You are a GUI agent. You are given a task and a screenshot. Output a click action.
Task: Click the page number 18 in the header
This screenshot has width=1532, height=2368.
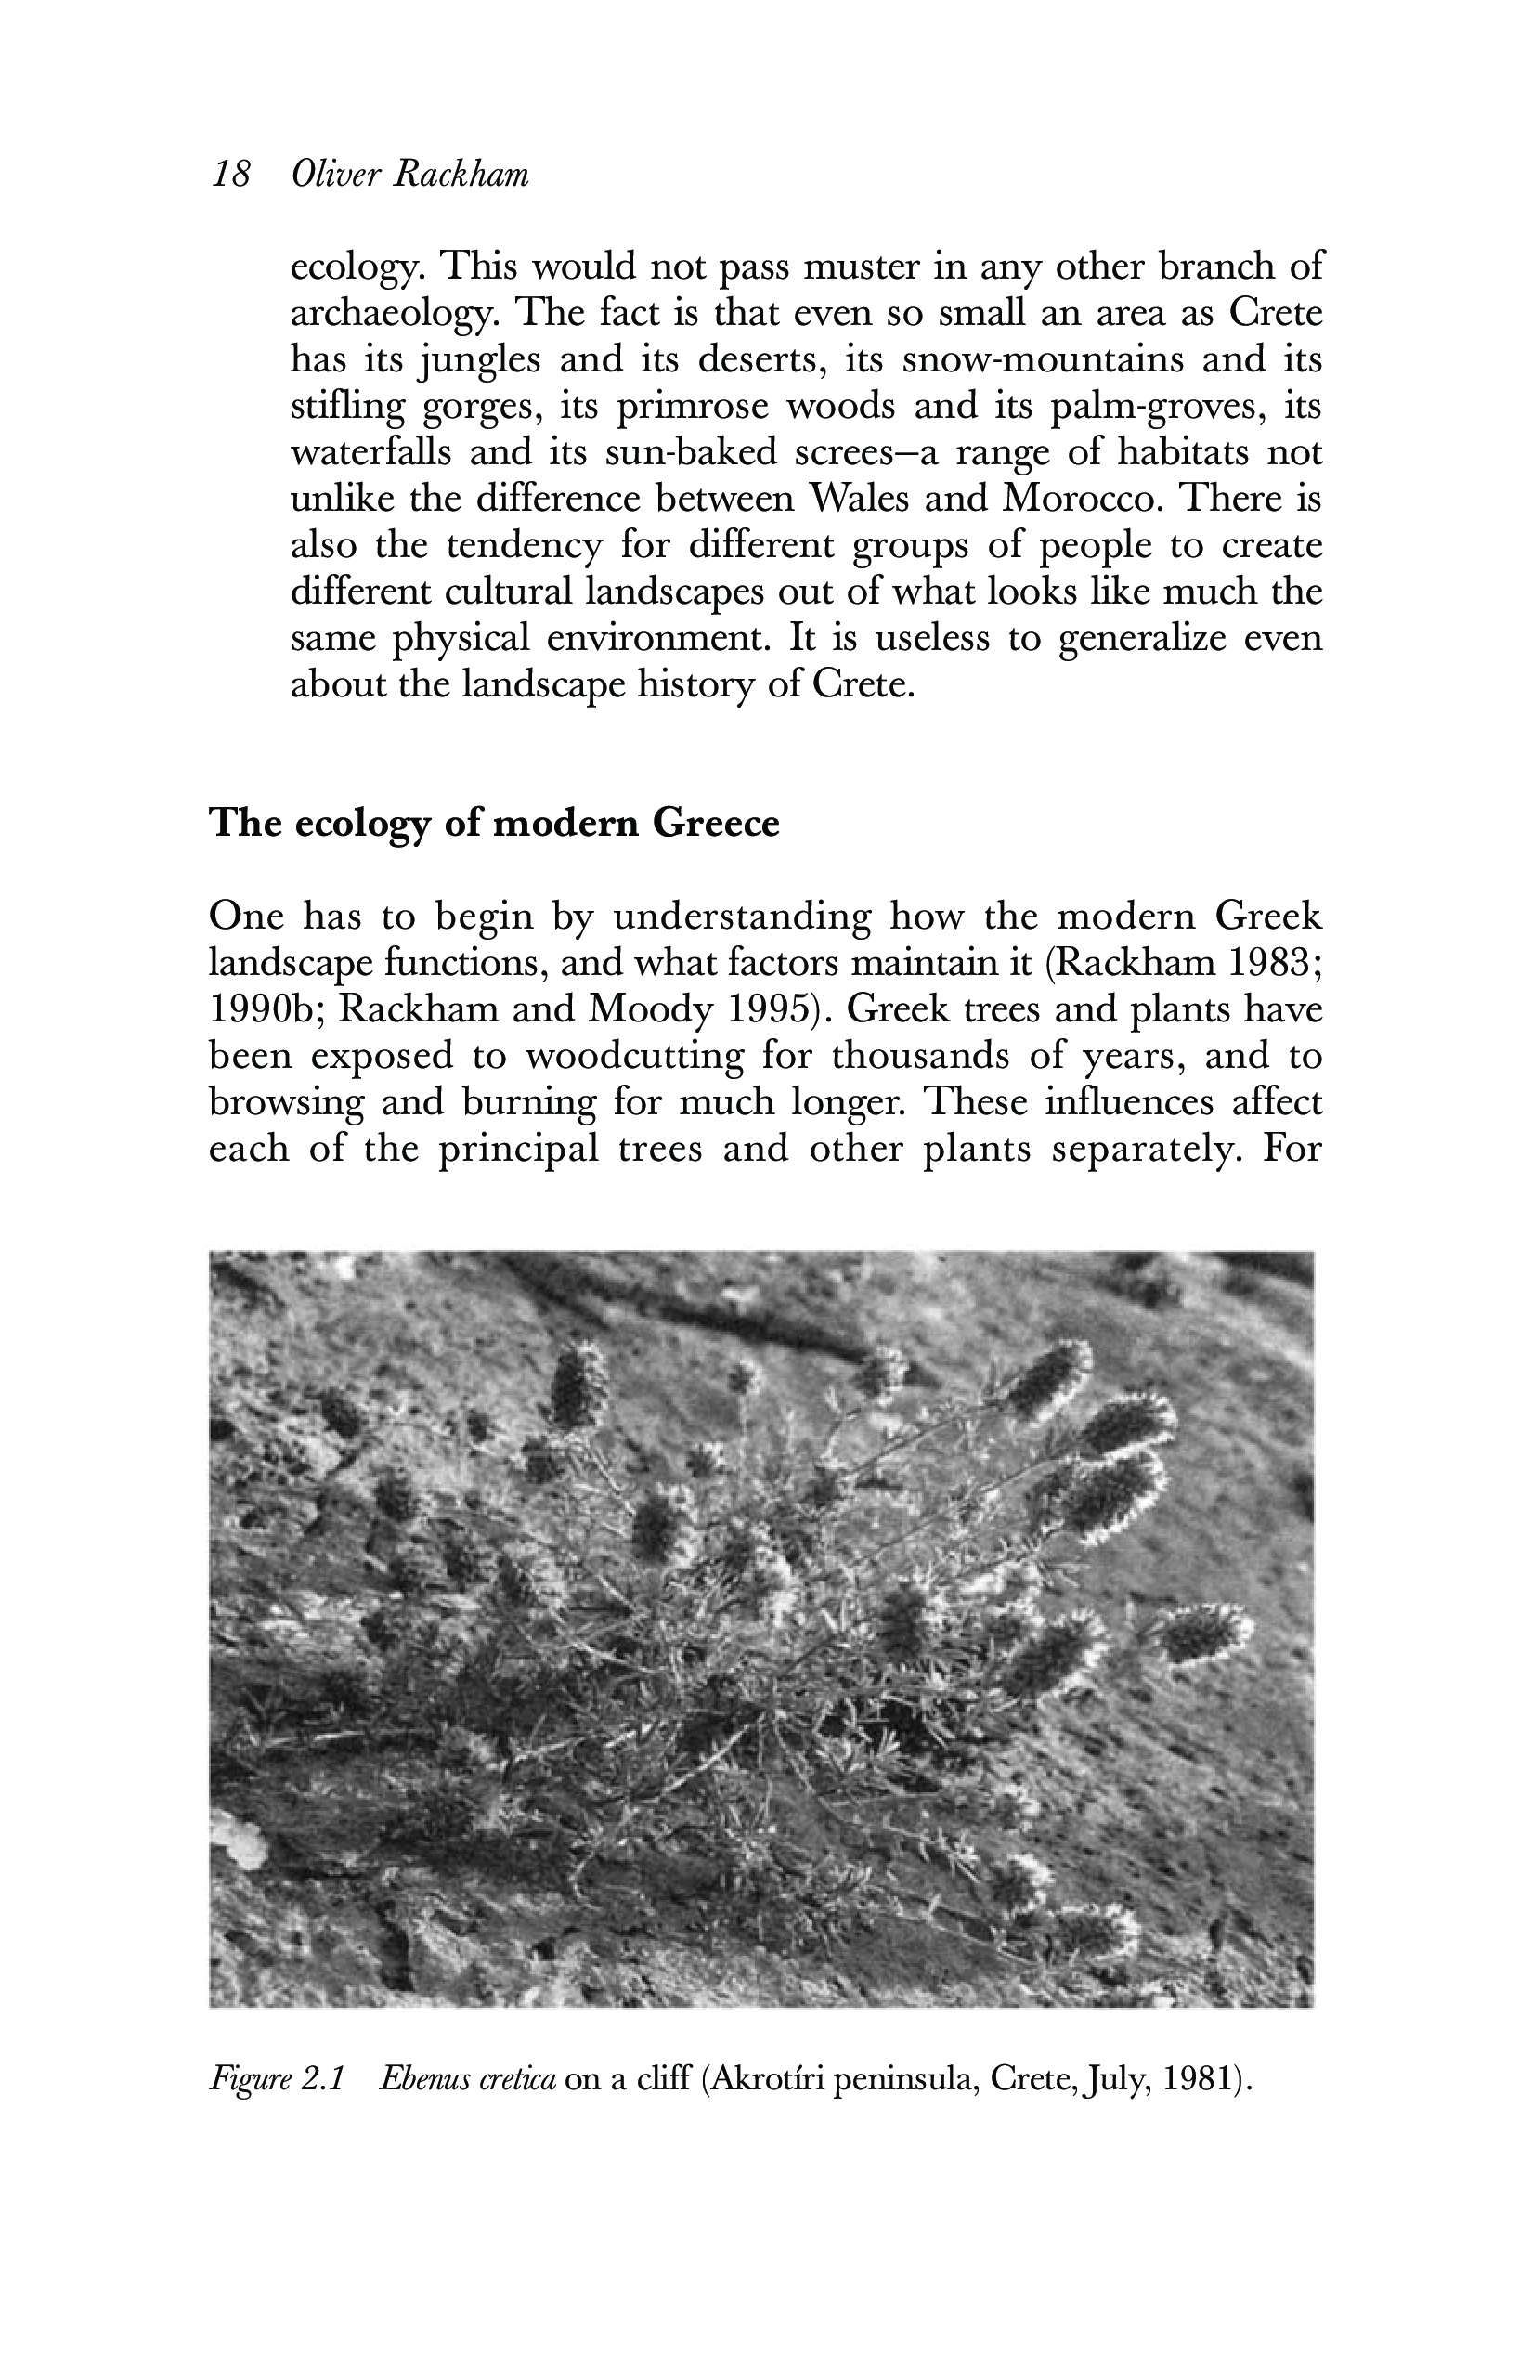coord(231,176)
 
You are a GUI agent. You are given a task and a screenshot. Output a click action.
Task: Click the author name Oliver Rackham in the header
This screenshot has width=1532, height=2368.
coord(409,176)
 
